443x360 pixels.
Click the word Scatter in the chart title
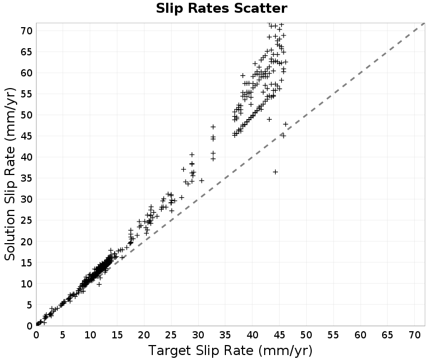tap(260, 8)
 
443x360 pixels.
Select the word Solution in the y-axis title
tap(10, 235)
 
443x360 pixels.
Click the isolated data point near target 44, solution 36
tap(275, 172)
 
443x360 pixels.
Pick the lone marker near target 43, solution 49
tap(269, 120)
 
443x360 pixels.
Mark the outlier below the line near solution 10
tap(99, 284)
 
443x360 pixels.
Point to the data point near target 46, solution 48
tap(286, 124)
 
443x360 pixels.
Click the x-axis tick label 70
tap(414, 335)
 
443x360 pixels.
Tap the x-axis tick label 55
tap(333, 335)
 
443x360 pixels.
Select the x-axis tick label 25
tap(171, 335)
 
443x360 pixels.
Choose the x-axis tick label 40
tap(253, 335)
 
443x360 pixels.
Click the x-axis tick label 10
tap(90, 335)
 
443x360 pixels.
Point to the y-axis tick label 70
tap(27, 31)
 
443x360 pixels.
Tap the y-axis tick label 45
tap(27, 136)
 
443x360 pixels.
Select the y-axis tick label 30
tap(27, 199)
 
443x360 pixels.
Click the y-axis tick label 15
tap(27, 263)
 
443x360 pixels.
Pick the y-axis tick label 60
tap(27, 73)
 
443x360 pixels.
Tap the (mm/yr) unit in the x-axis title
tap(285, 351)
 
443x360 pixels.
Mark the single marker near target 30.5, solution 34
tap(202, 181)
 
